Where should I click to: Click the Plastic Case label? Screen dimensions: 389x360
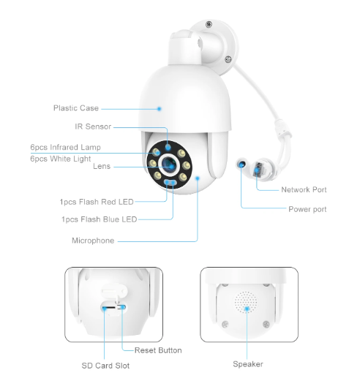pyautogui.click(x=75, y=108)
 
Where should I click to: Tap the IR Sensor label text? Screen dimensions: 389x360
pyautogui.click(x=93, y=126)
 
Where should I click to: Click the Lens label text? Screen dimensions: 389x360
pyautogui.click(x=102, y=167)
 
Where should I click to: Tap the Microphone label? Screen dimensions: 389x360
pyautogui.click(x=92, y=241)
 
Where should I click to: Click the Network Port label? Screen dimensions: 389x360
pyautogui.click(x=304, y=190)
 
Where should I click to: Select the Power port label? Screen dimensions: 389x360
pyautogui.click(x=307, y=209)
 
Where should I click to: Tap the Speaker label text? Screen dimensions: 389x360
pyautogui.click(x=247, y=364)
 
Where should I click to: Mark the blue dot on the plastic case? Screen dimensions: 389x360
pyautogui.click(x=159, y=108)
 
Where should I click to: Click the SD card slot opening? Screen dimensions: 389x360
pyautogui.click(x=108, y=309)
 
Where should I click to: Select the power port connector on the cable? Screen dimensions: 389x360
pyautogui.click(x=241, y=166)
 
